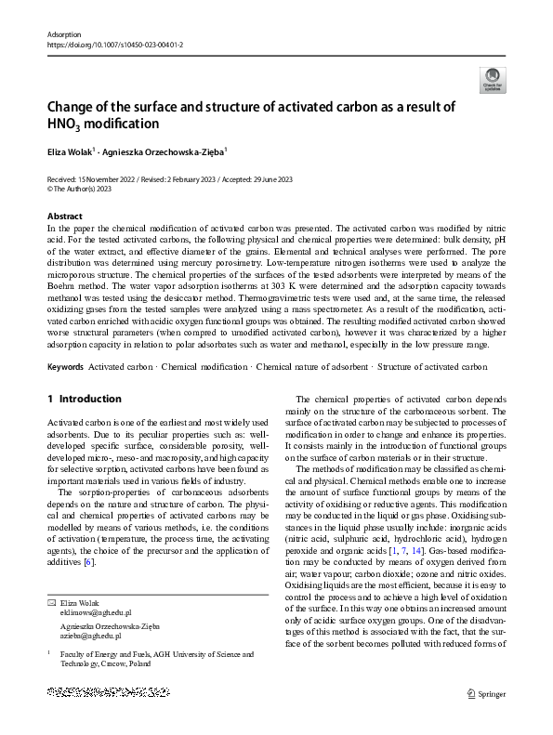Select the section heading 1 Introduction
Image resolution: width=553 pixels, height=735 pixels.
(84, 399)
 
